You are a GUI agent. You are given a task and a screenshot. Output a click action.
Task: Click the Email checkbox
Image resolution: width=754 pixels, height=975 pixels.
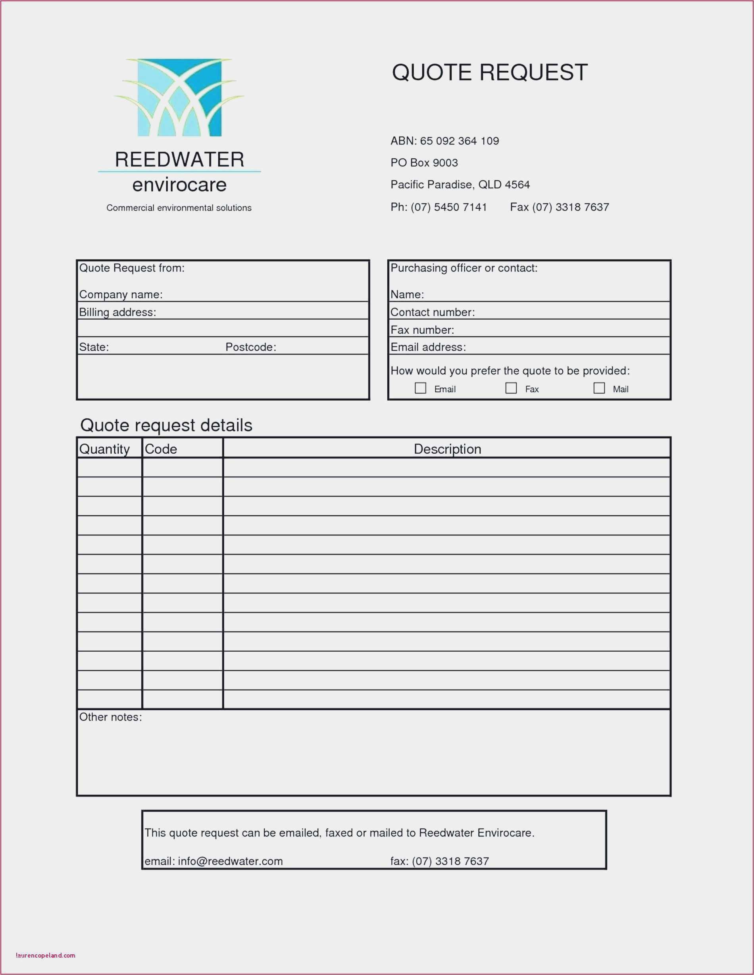tap(420, 388)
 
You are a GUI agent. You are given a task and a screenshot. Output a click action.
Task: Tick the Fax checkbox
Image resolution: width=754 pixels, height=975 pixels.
tap(511, 388)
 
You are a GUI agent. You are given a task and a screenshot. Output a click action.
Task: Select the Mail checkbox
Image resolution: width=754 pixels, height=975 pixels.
tap(599, 388)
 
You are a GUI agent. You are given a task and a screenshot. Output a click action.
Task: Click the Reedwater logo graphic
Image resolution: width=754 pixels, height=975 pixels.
tap(179, 97)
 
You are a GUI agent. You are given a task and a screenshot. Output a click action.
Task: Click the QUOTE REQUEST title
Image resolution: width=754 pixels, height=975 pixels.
tap(490, 72)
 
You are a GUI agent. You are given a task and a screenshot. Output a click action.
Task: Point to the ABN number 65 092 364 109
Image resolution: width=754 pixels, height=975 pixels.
tap(459, 141)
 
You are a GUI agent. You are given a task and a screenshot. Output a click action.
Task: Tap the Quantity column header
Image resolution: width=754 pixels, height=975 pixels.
tap(104, 449)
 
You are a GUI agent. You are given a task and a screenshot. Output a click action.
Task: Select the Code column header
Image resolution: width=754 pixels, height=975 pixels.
tap(161, 449)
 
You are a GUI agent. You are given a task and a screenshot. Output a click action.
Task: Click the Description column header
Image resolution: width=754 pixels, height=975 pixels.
tap(447, 449)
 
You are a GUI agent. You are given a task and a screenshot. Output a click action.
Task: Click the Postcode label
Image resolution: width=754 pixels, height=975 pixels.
tap(250, 347)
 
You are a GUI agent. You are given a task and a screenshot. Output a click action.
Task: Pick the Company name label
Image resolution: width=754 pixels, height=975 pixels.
tap(121, 295)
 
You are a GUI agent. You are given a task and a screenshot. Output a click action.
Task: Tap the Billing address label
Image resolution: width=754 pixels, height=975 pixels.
tap(117, 313)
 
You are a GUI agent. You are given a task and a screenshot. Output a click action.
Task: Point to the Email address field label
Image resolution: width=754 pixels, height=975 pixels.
tap(428, 347)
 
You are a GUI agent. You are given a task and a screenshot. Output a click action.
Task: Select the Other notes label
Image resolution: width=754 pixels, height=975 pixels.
tap(110, 718)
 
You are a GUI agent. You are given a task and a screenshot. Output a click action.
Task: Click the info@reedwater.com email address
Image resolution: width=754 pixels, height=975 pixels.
tap(230, 861)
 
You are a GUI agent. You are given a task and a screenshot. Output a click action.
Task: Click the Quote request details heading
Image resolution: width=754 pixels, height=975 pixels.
tap(166, 426)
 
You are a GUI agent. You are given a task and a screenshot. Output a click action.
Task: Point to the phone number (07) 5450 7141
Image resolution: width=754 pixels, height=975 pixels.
tap(448, 207)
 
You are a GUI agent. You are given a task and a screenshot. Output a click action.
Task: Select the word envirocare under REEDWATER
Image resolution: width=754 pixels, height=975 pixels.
tap(179, 185)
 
